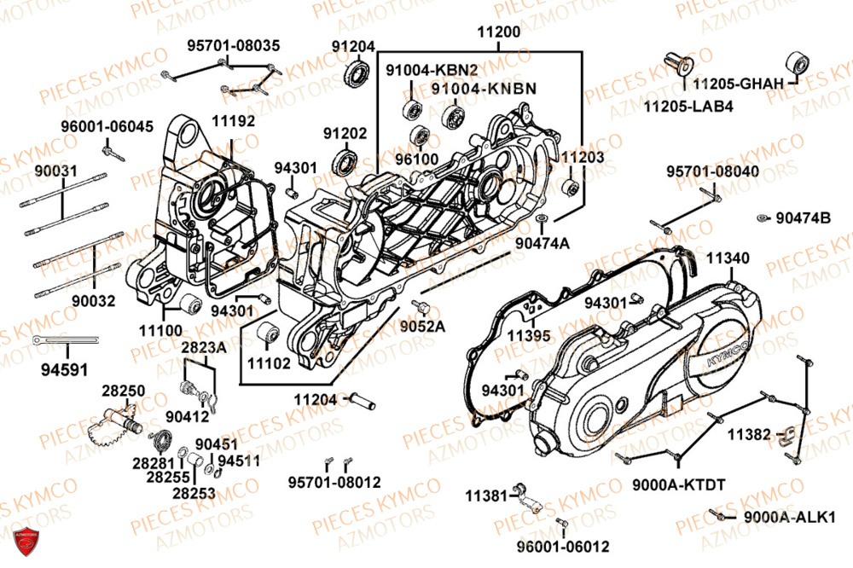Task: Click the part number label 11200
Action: [x=499, y=32]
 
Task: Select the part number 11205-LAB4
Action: [x=688, y=107]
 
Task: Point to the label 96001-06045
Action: [x=107, y=126]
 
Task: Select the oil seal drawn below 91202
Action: [x=348, y=162]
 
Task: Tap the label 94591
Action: [x=63, y=370]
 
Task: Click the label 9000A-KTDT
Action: [x=679, y=485]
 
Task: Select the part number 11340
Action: [x=728, y=257]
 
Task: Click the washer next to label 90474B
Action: [x=762, y=218]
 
